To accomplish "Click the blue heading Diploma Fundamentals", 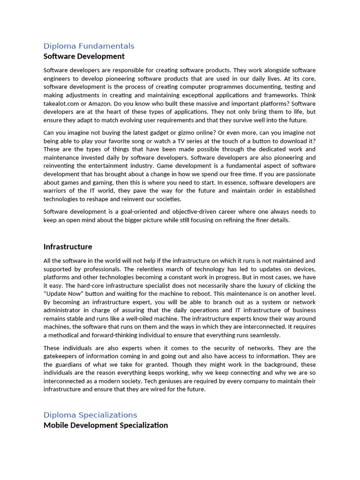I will pos(89,46).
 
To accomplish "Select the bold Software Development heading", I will pos(84,56).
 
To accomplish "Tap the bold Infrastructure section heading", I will pos(67,247).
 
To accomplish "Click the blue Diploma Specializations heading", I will pos(90,415).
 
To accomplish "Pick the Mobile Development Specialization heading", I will pos(105,425).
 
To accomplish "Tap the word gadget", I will pos(162,133).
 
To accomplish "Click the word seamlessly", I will pos(264,335).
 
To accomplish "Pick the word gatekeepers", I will pos(62,356).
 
